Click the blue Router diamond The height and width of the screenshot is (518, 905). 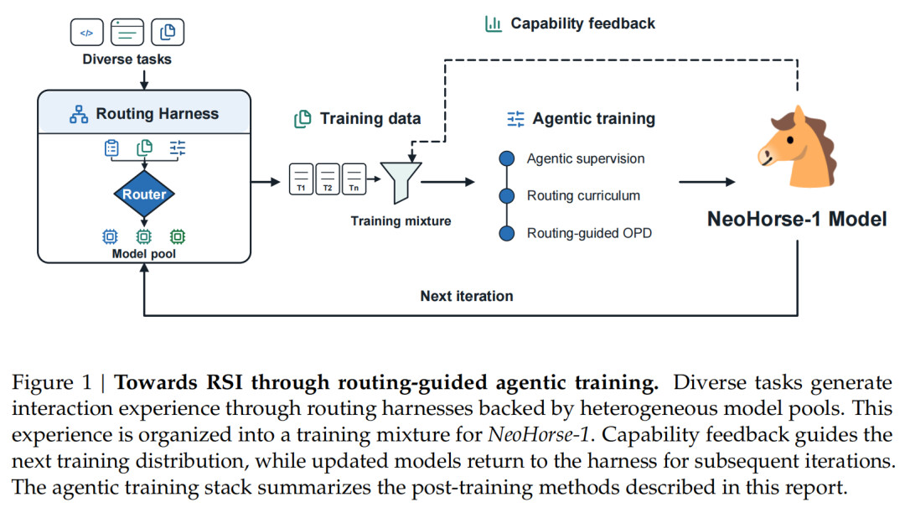point(144,194)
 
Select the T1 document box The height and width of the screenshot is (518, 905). point(302,179)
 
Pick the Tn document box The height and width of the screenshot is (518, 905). point(354,179)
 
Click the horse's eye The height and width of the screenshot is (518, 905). point(790,140)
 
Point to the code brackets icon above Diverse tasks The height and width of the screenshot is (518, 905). point(86,33)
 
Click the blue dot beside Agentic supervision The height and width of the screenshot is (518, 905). point(507,158)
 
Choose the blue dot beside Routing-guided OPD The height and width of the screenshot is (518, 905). point(507,233)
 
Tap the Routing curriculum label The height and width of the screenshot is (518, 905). point(583,196)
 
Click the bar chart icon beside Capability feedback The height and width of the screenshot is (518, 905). point(494,23)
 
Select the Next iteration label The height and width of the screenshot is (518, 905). point(467,296)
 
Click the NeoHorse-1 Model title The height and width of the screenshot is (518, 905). point(797,220)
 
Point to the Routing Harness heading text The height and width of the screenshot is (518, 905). point(158,114)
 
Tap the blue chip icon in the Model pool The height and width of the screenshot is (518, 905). point(110,236)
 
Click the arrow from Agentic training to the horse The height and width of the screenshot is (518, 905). point(707,182)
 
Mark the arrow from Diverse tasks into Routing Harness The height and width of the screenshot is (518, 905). point(144,80)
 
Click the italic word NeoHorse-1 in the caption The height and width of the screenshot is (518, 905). point(539,435)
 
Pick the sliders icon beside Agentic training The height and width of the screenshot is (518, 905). point(515,119)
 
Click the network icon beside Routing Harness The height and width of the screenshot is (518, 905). point(79,114)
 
